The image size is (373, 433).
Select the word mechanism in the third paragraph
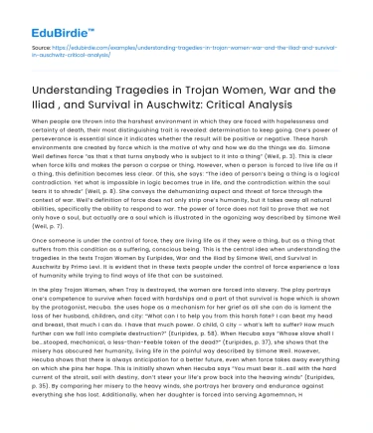coord(175,325)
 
